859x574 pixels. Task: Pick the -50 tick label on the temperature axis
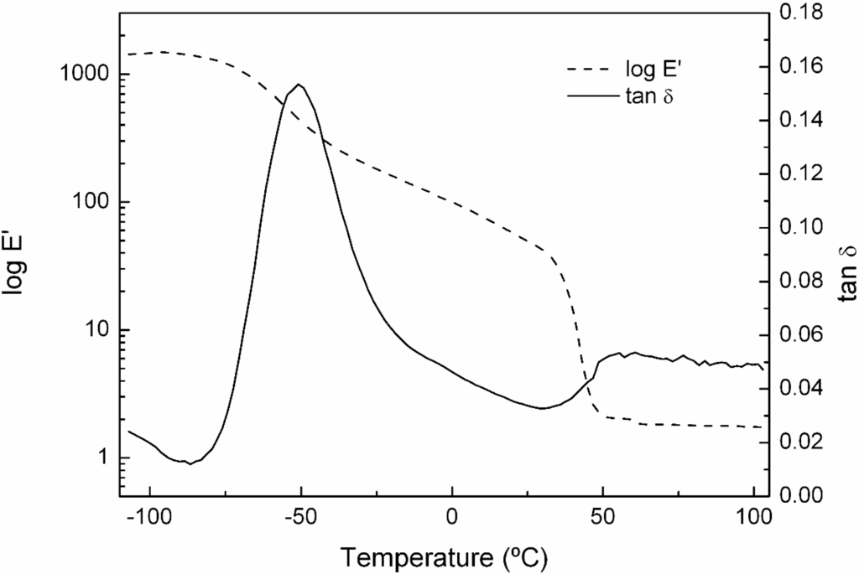[299, 517]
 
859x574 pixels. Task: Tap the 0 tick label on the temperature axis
[451, 517]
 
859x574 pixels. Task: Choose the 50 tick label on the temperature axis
[602, 517]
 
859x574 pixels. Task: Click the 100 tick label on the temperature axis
[752, 517]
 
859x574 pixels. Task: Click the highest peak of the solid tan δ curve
[299, 84]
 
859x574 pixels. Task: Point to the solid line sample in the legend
[587, 97]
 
